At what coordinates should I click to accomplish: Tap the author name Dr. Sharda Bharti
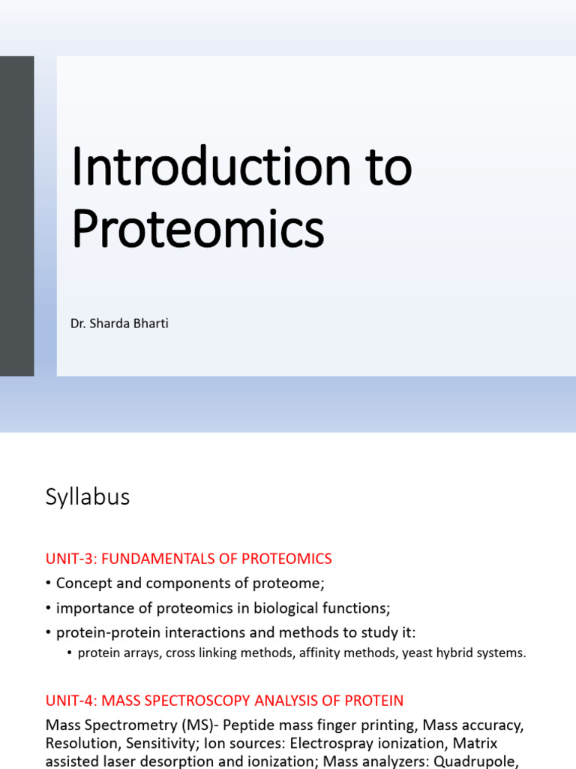(x=119, y=324)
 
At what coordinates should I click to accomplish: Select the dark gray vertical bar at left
(x=16, y=216)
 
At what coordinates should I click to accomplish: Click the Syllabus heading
(x=88, y=497)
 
